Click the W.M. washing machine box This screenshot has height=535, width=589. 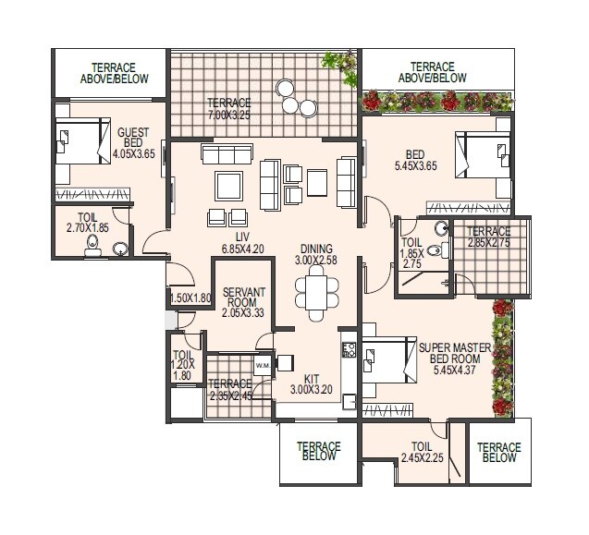(262, 364)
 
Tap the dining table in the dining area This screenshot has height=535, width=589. (311, 292)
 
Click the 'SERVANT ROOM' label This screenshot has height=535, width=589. (244, 302)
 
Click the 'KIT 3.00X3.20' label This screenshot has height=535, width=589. (312, 384)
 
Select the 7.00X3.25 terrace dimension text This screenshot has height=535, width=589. (229, 115)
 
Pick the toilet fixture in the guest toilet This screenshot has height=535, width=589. (92, 244)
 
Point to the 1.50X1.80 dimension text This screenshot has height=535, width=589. (190, 298)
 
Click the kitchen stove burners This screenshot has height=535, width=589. (350, 350)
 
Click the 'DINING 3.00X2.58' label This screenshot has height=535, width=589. (317, 254)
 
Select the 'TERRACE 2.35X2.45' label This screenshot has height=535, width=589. (229, 390)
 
